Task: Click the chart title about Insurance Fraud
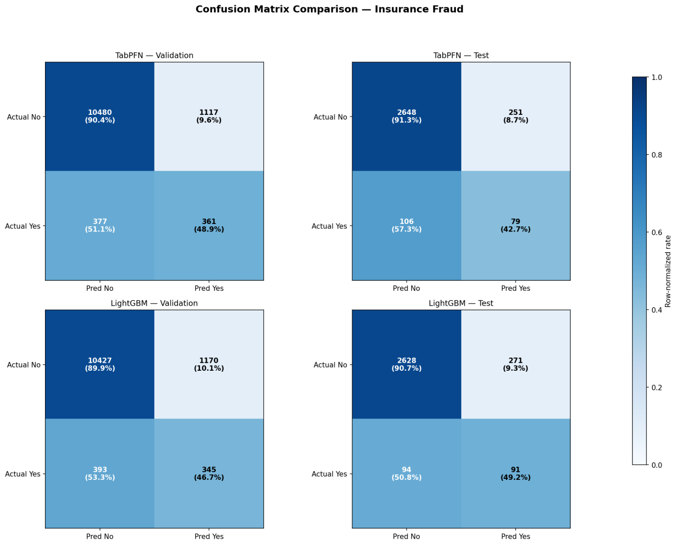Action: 329,9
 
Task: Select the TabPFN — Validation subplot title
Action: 154,56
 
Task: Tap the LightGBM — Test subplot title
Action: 461,303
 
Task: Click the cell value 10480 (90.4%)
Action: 100,117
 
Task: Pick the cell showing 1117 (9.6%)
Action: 209,117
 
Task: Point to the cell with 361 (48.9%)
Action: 209,226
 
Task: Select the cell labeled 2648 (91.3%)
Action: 407,117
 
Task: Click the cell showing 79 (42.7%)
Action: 516,226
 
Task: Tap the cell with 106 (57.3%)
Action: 407,226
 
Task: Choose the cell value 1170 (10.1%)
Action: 209,364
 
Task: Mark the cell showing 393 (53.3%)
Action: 100,473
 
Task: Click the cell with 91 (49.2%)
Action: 516,473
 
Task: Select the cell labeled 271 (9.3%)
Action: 516,364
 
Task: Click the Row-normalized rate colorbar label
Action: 668,271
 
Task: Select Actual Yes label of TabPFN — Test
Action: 330,226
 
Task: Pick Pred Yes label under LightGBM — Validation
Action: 209,537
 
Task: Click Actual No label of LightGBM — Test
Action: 331,365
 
